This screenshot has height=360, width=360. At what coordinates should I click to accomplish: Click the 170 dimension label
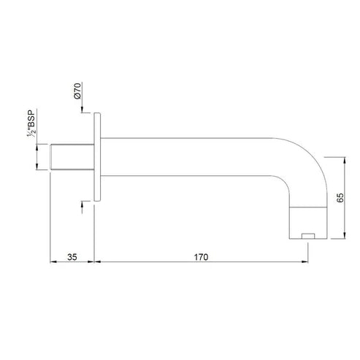click(x=202, y=256)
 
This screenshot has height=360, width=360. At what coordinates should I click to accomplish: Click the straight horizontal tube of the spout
click(x=190, y=156)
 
